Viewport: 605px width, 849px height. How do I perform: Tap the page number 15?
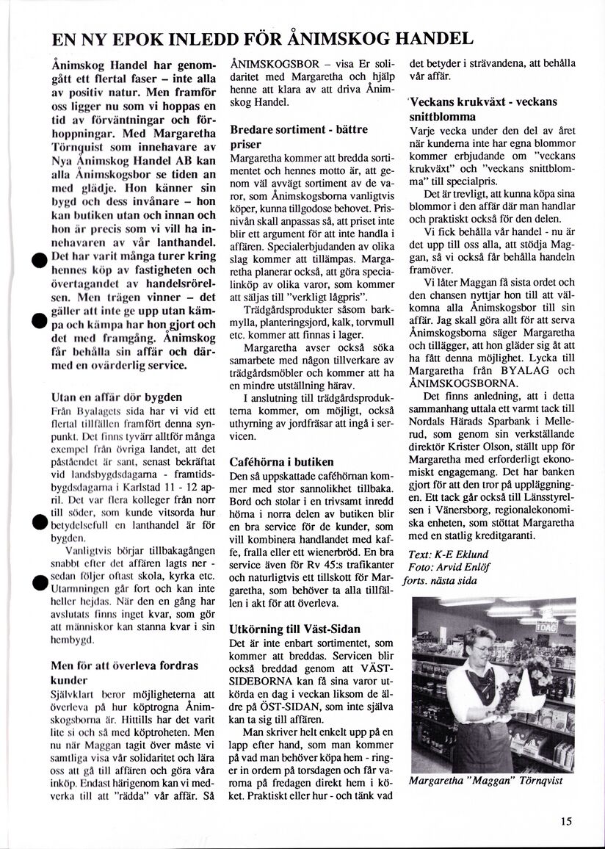565,822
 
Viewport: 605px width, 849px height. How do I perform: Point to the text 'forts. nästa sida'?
445,580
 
